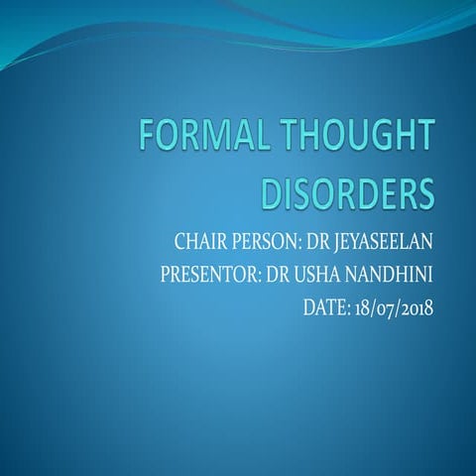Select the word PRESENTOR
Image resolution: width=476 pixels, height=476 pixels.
[x=207, y=274]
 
